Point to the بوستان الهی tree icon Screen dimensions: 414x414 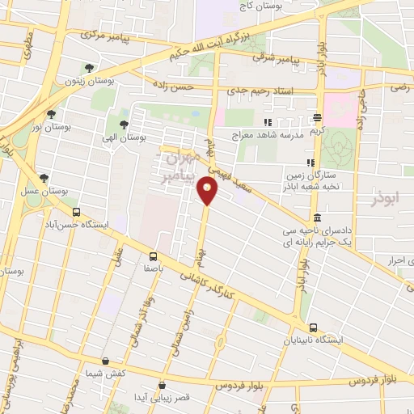point(123,125)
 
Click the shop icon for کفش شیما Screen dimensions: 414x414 point(105,361)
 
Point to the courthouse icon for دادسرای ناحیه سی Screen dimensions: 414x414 point(317,218)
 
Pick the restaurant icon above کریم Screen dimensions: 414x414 point(319,117)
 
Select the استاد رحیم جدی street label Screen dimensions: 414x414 point(257,92)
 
